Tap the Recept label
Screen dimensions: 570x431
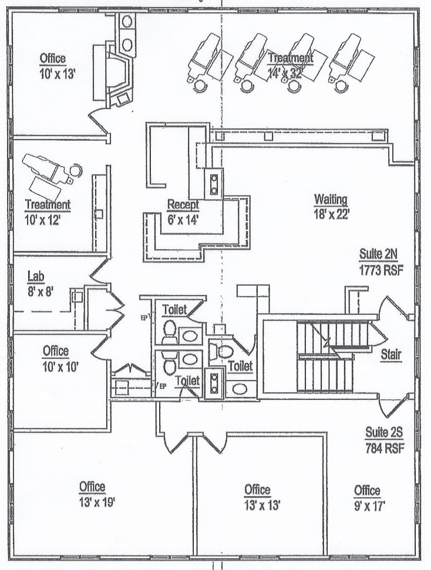183,205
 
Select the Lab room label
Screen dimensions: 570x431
36,276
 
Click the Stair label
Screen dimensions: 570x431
391,354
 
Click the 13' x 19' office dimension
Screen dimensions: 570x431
93,502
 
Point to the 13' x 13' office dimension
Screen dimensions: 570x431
257,504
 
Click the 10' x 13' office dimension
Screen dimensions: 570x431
53,73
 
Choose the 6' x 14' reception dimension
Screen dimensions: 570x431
183,220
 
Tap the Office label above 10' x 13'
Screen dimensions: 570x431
53,59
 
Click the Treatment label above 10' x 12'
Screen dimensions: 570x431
48,205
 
